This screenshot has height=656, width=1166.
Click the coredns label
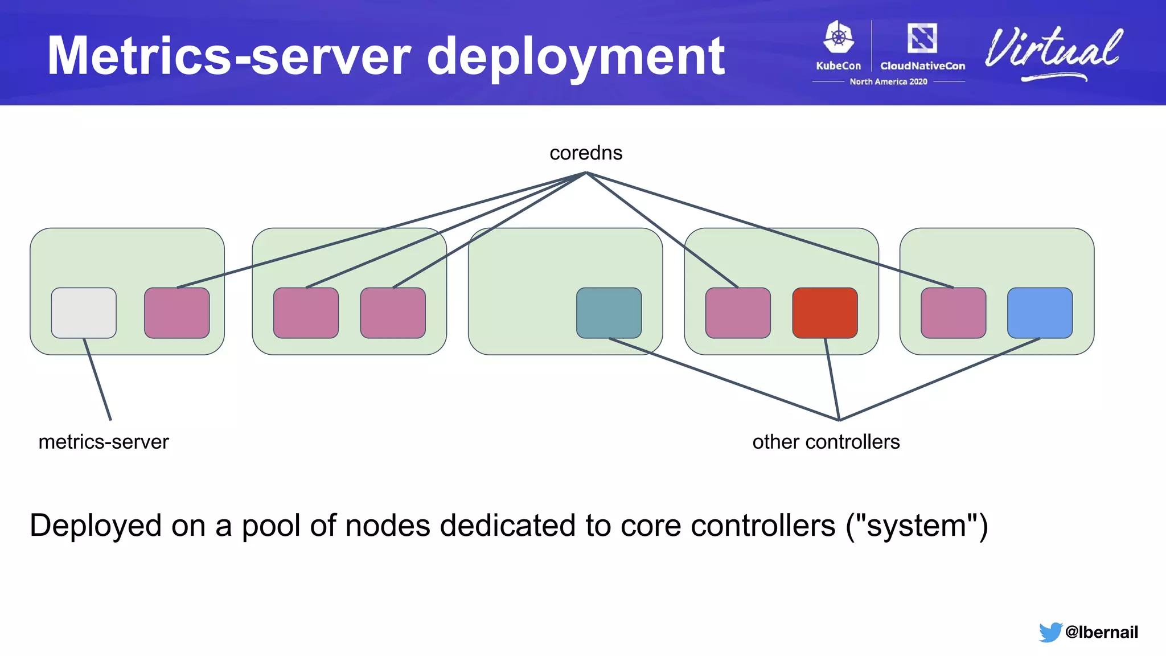(586, 153)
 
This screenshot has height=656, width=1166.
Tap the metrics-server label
(104, 442)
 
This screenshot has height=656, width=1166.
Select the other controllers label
(826, 442)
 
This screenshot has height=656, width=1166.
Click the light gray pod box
(84, 313)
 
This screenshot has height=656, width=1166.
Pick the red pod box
(824, 313)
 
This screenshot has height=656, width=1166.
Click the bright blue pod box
(1040, 313)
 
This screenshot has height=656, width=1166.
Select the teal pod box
(609, 313)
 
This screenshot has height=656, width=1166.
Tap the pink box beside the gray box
(176, 313)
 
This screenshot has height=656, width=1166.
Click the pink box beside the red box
(738, 313)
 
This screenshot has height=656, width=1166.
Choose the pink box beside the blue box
(953, 313)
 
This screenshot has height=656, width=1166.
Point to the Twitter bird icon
(1050, 632)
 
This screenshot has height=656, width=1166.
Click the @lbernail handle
(1101, 632)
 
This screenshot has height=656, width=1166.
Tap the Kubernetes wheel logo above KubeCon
(839, 38)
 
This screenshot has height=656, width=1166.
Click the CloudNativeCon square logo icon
(922, 38)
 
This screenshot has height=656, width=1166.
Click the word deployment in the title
(575, 57)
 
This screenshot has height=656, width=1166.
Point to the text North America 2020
(888, 81)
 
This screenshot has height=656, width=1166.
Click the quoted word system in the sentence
(916, 526)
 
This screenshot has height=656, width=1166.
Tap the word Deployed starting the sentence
(96, 526)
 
